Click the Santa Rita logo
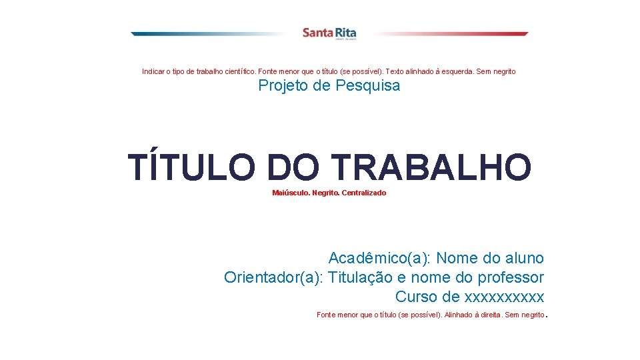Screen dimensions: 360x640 point(329,33)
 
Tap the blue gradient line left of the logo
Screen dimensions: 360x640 point(207,33)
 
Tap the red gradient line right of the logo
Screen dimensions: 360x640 point(453,33)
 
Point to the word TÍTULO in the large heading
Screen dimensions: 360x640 point(191,167)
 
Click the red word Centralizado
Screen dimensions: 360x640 point(363,193)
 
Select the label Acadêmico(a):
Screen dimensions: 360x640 point(379,258)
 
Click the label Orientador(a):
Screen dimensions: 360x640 point(273,277)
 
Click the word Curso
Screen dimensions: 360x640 point(416,297)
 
